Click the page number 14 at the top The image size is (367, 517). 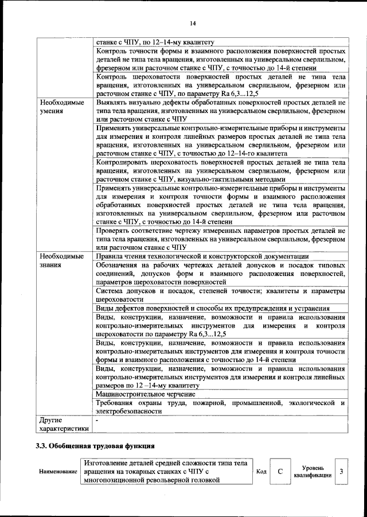coord(192,24)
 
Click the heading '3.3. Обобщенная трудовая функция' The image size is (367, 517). coord(95,445)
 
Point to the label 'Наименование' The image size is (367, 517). coord(58,472)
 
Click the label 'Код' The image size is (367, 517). coord(261,472)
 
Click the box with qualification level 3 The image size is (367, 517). coord(341,472)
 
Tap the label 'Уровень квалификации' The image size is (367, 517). coord(312,472)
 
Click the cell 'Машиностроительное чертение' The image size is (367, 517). coord(146,394)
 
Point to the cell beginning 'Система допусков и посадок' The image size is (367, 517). coord(220,296)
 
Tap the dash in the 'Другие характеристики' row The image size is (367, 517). coord(97,420)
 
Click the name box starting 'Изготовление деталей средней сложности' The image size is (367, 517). coord(166,472)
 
